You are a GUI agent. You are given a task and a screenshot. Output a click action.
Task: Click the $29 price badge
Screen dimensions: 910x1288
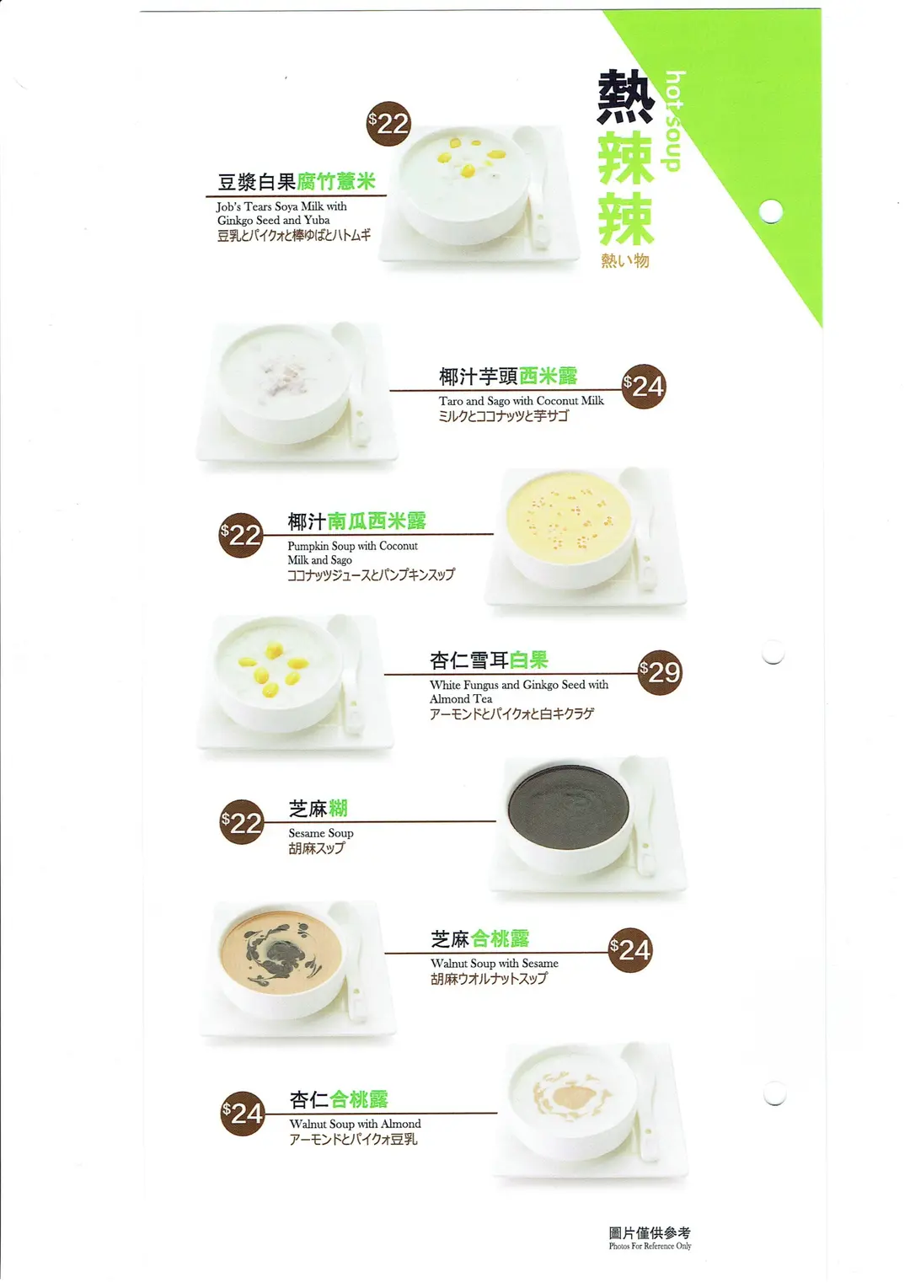[660, 672]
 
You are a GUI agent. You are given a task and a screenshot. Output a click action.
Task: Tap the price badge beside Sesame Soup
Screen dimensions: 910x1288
[242, 821]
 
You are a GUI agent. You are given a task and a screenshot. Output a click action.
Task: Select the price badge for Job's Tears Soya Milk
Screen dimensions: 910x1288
[388, 124]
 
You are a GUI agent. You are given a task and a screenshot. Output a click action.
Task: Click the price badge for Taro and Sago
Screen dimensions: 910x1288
[644, 387]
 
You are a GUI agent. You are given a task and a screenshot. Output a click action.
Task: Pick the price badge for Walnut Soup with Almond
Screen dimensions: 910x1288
[243, 1114]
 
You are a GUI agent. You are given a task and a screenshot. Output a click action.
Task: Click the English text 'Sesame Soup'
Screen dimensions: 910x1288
[321, 833]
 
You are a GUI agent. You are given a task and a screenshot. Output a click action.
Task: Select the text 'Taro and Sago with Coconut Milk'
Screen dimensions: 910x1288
[522, 401]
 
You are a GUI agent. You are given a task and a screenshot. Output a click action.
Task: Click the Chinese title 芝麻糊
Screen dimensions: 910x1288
[318, 809]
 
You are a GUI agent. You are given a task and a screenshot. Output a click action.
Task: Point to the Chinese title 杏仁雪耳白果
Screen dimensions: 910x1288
[489, 660]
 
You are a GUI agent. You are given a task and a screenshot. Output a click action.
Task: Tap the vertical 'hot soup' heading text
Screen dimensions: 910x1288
[675, 121]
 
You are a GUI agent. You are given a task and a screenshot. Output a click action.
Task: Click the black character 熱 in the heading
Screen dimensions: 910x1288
[625, 97]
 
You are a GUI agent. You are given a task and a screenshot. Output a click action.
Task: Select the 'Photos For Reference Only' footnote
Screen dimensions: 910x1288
[650, 1246]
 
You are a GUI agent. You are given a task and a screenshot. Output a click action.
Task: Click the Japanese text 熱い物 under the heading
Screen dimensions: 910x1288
[625, 261]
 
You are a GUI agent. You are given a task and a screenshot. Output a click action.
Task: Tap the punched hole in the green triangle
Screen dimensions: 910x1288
[771, 211]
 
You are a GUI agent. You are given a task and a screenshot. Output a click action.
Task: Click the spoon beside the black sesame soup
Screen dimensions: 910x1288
[643, 815]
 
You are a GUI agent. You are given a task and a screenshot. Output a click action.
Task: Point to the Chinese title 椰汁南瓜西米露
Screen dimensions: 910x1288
[356, 521]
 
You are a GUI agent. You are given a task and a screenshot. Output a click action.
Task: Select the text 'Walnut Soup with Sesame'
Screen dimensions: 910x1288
[494, 963]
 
